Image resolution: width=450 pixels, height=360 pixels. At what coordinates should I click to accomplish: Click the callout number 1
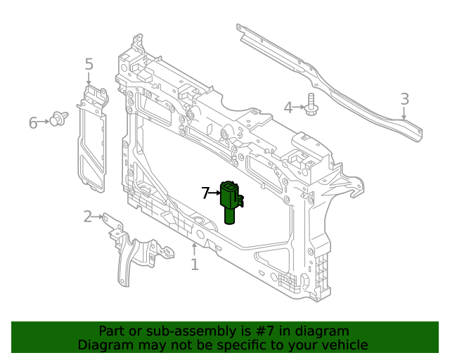195,265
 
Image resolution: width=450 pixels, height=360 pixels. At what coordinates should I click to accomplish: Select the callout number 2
87,217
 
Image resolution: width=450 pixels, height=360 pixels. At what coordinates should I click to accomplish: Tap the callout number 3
404,100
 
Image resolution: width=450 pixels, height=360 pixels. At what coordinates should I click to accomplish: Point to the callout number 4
288,108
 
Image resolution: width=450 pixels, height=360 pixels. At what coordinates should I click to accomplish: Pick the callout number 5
89,65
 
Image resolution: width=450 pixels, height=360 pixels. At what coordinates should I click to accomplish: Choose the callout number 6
33,123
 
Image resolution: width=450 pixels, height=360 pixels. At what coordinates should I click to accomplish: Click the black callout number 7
205,193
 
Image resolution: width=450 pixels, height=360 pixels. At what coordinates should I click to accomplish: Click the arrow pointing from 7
215,192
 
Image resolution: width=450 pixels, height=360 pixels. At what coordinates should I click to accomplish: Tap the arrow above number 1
195,248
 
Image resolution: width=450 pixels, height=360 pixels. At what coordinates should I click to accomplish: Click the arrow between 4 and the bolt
299,108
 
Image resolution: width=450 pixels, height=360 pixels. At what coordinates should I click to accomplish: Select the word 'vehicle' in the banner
343,345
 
